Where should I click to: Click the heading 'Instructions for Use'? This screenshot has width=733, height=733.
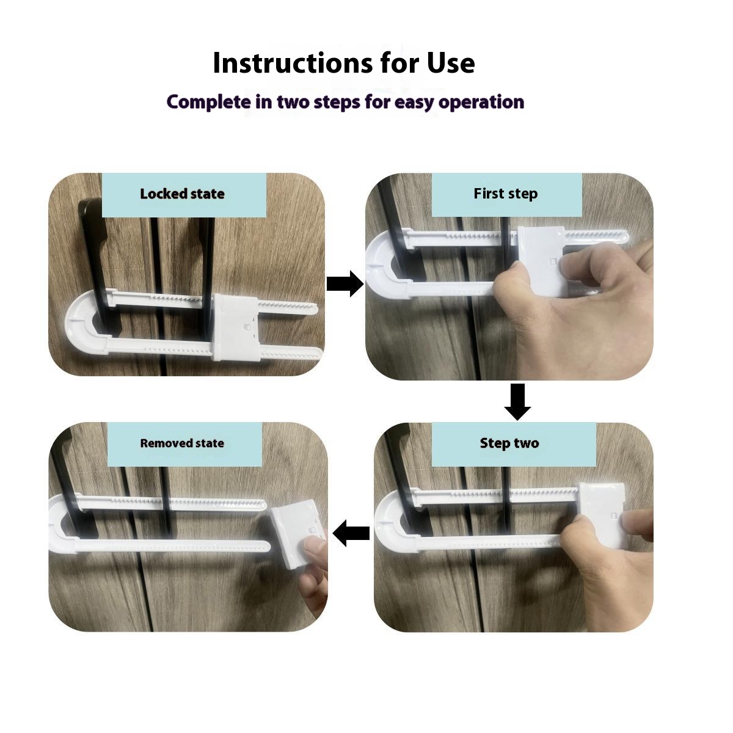click(x=343, y=63)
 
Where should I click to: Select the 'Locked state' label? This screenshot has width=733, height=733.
click(x=182, y=194)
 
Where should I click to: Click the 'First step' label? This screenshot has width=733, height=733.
click(x=505, y=194)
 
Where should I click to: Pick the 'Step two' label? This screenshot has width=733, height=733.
click(x=509, y=443)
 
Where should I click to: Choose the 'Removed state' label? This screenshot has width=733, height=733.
click(x=182, y=443)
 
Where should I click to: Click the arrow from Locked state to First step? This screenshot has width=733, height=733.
click(x=345, y=284)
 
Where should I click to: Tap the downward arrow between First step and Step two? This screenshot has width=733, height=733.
click(x=517, y=401)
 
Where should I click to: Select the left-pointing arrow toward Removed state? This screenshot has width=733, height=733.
click(x=351, y=533)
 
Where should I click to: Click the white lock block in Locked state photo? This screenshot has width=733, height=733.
click(x=236, y=328)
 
